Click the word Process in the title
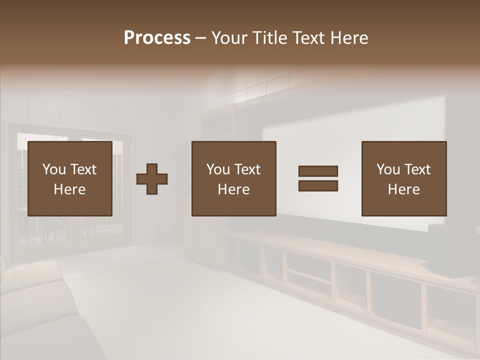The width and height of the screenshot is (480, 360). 157,38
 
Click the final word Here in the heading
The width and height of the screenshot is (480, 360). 350,38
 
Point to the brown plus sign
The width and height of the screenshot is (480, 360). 152,178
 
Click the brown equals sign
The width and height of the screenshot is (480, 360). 318,178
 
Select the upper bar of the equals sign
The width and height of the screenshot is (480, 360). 318,171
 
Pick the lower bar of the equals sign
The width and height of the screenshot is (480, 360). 318,186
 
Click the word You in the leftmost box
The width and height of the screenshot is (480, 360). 54,169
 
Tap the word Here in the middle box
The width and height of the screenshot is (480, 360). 233,189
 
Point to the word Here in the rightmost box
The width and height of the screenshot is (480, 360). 403,189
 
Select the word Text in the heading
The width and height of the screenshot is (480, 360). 308,38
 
